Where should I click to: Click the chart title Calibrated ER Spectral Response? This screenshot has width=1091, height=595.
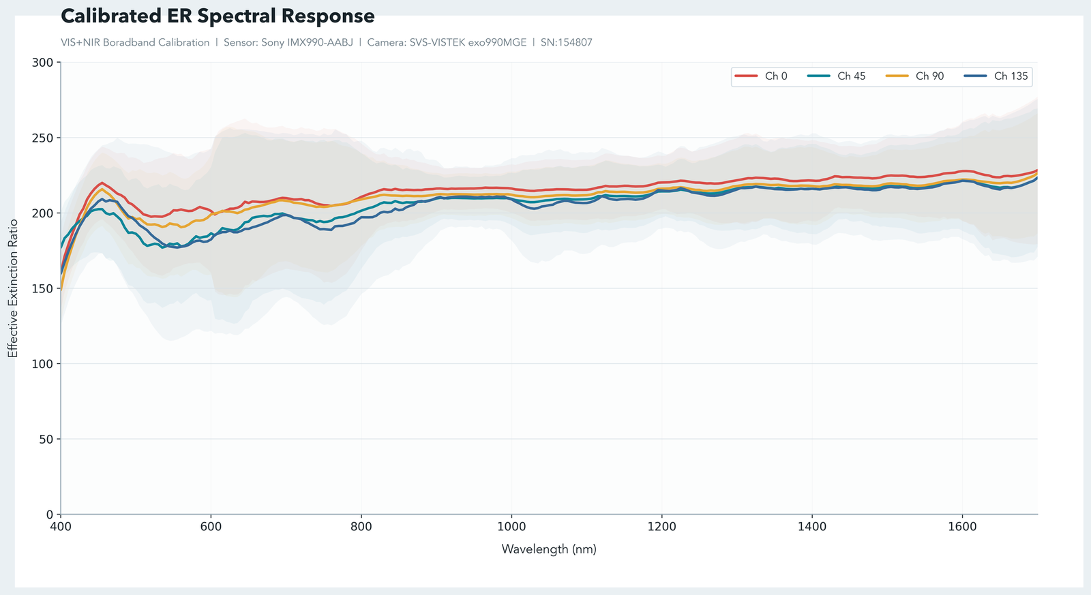point(218,16)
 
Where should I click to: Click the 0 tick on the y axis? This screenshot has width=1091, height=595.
point(49,515)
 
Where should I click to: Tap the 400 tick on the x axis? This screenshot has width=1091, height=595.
point(61,527)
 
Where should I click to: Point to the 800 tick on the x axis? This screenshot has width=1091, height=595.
point(361,527)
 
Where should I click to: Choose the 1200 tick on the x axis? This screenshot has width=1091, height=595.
point(661,527)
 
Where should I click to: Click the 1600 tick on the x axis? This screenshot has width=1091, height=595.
point(961,527)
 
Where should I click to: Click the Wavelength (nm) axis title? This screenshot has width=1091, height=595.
point(549,549)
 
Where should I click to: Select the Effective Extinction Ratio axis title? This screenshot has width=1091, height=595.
point(13,288)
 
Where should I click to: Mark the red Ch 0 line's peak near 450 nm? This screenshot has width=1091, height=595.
point(102,183)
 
